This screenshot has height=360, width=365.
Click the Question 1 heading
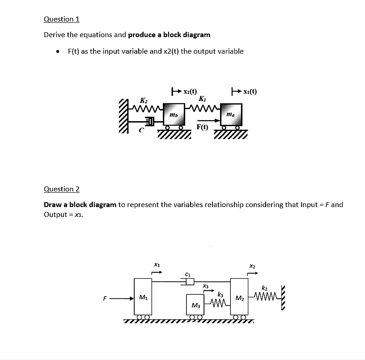[61, 19]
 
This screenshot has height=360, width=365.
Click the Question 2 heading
[61, 189]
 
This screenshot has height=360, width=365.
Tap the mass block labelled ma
[231, 115]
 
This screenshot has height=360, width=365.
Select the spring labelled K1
[203, 107]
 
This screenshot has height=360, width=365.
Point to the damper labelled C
[150, 121]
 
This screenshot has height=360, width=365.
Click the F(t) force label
[202, 127]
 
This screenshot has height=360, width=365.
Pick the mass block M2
[240, 297]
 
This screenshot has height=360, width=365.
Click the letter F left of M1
[105, 297]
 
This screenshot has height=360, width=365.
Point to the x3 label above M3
[205, 285]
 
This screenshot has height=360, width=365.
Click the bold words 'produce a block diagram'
[169, 34]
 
